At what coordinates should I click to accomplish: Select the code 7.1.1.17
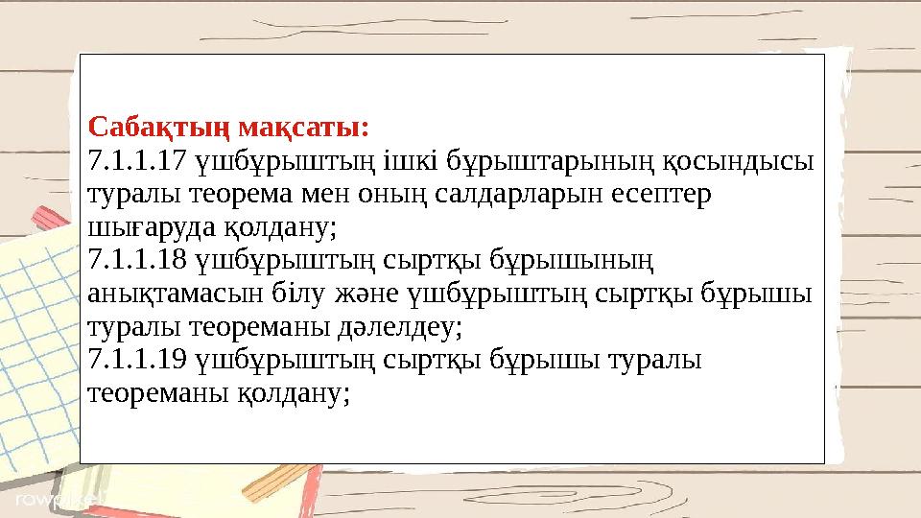133,159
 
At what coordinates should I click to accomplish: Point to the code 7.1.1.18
133,259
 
